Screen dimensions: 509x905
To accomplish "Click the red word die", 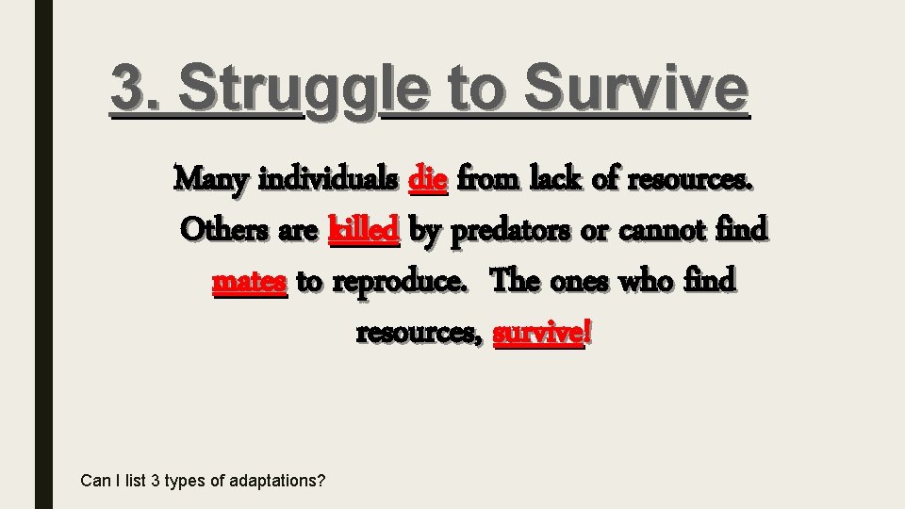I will (x=429, y=177).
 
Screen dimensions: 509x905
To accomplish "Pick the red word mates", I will (x=250, y=281).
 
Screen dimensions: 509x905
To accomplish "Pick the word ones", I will (x=578, y=281).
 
